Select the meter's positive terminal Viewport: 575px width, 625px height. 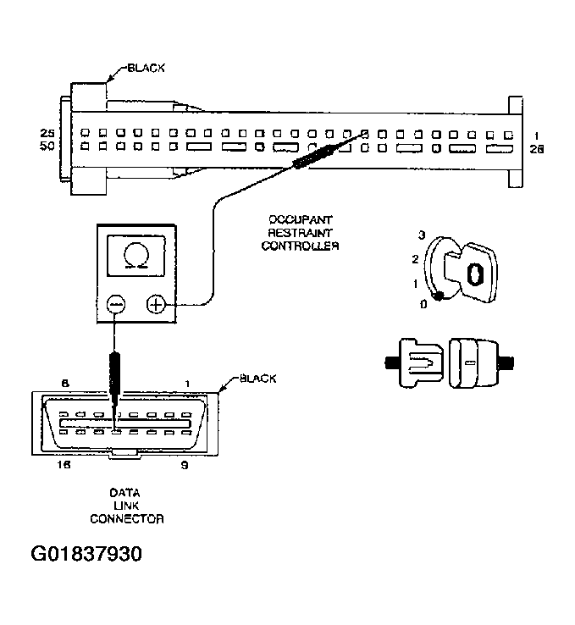tap(157, 303)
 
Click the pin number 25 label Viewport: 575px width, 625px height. tap(47, 133)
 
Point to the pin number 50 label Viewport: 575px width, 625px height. tap(47, 147)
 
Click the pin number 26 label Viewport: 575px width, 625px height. tap(536, 149)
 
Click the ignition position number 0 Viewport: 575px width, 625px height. tap(423, 302)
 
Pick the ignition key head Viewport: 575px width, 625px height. tap(478, 272)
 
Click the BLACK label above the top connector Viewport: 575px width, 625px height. tap(146, 67)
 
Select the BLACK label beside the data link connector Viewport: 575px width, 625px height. tap(257, 378)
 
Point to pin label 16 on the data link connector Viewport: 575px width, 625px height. tap(63, 466)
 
